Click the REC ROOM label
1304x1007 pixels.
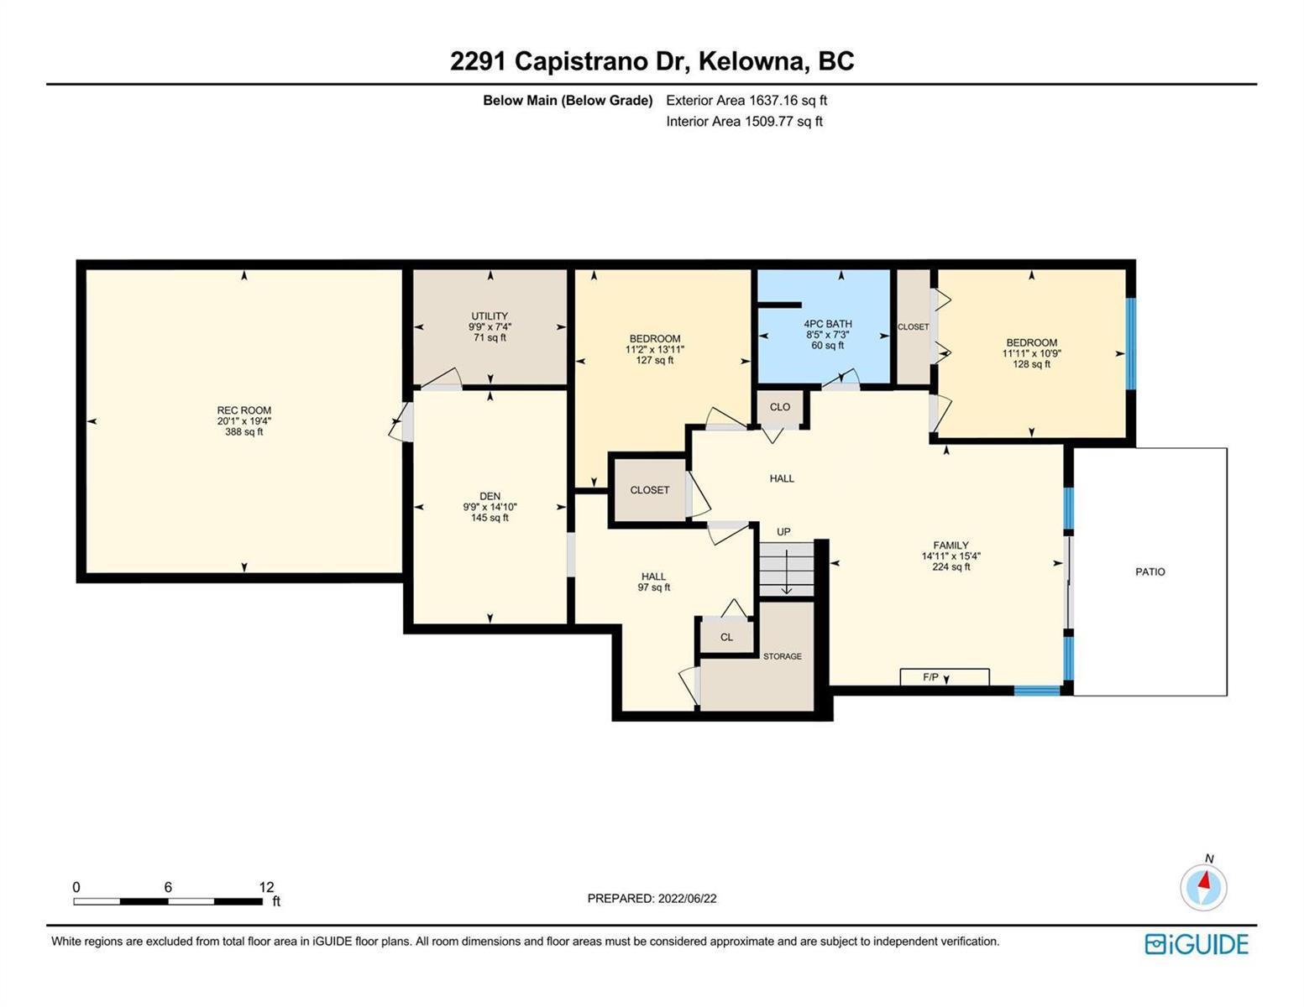[x=244, y=410]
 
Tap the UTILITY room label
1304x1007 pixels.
[x=490, y=316]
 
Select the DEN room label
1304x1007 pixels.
[x=490, y=496]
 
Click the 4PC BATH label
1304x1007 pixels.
[x=828, y=324]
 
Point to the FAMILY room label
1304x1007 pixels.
[x=951, y=545]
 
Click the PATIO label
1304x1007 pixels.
[x=1150, y=571]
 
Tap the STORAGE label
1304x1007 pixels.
[x=782, y=656]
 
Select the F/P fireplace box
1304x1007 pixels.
[x=945, y=676]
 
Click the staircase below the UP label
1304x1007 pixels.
[x=786, y=569]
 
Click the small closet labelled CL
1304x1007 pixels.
[x=726, y=636]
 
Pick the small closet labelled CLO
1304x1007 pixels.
[x=779, y=408]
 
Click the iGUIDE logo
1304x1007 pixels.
[x=1197, y=944]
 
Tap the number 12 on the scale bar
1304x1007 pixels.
[x=266, y=886]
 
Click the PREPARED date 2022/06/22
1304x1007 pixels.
[x=687, y=899]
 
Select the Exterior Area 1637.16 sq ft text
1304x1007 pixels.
[x=746, y=100]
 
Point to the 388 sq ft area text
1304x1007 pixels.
[x=244, y=432]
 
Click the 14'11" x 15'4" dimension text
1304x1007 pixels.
[x=951, y=556]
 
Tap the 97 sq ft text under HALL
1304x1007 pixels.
[x=653, y=587]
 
